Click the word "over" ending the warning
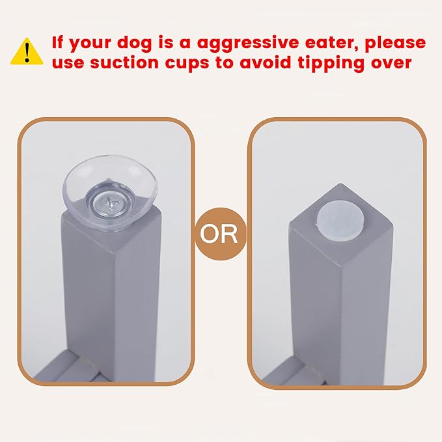(x=391, y=64)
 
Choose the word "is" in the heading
(x=167, y=44)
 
